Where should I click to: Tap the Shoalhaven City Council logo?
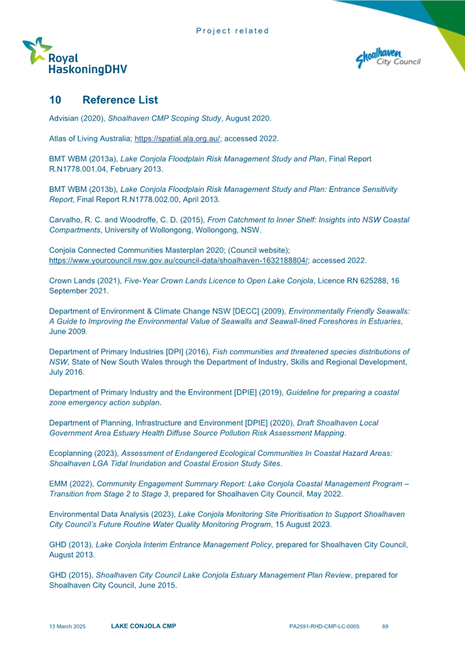pyautogui.click(x=388, y=57)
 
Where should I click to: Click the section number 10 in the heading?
pyautogui.click(x=55, y=99)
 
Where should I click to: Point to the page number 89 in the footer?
pyautogui.click(x=385, y=626)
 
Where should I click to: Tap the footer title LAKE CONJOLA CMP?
pyautogui.click(x=143, y=626)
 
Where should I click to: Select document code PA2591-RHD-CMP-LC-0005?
pyautogui.click(x=324, y=626)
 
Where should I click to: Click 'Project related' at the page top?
pyautogui.click(x=233, y=30)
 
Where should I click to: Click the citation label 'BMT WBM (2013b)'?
pyautogui.click(x=77, y=189)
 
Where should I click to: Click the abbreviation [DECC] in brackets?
pyautogui.click(x=248, y=311)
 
